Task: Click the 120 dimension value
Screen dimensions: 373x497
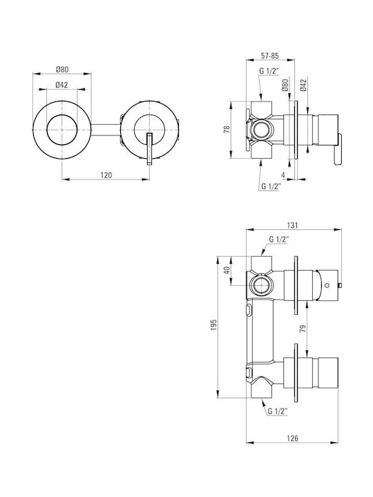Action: (x=106, y=175)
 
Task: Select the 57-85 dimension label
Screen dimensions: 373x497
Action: (x=269, y=55)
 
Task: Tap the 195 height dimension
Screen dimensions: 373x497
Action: (x=213, y=325)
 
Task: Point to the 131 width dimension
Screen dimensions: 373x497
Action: (x=292, y=225)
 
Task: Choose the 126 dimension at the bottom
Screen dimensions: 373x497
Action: (x=292, y=438)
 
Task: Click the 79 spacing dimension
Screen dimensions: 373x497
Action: (x=303, y=328)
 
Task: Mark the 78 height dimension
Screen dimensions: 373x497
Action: (x=227, y=129)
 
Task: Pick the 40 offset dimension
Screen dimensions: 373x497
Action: (x=227, y=271)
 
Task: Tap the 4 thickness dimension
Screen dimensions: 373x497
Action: (x=283, y=175)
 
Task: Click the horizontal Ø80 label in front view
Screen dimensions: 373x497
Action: (x=62, y=69)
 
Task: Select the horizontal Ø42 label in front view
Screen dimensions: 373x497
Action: (x=61, y=85)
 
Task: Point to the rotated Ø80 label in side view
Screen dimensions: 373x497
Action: (x=285, y=86)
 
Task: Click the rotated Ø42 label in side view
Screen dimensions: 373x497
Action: (x=303, y=86)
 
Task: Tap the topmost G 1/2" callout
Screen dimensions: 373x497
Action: (x=269, y=71)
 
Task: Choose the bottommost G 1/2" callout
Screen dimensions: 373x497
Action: (x=278, y=411)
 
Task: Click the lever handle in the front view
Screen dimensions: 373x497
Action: (x=150, y=149)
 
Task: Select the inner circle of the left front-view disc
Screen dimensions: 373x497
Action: (x=62, y=130)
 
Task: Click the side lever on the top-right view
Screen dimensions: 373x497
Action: (x=338, y=149)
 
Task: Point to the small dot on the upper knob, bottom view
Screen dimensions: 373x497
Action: (x=327, y=284)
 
